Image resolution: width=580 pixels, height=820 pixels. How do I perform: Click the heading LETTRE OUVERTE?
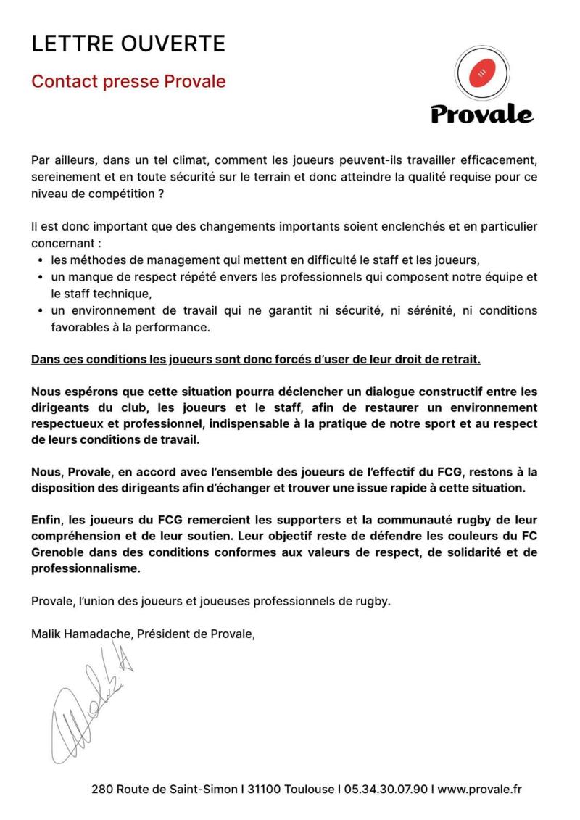128,44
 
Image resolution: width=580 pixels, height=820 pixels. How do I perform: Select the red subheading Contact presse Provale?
128,81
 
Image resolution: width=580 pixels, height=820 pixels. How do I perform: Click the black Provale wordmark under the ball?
482,114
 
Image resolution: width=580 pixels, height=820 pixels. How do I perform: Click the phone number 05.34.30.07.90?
385,789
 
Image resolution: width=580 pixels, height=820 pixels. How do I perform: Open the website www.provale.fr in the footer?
480,789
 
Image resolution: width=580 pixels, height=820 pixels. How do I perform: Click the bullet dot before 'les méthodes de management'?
38,260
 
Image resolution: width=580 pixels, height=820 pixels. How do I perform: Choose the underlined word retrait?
459,360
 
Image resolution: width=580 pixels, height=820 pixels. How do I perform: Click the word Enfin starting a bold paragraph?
49,521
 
